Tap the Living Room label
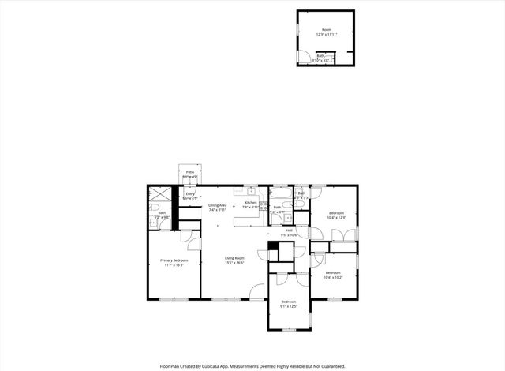click(x=234, y=258)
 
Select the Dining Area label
click(x=218, y=205)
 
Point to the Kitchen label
click(x=250, y=203)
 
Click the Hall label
click(x=289, y=230)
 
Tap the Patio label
click(x=190, y=171)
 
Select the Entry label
click(x=190, y=193)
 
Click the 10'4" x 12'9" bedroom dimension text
click(x=337, y=217)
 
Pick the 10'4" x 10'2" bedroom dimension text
click(x=332, y=277)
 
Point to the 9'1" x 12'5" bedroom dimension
click(x=289, y=305)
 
